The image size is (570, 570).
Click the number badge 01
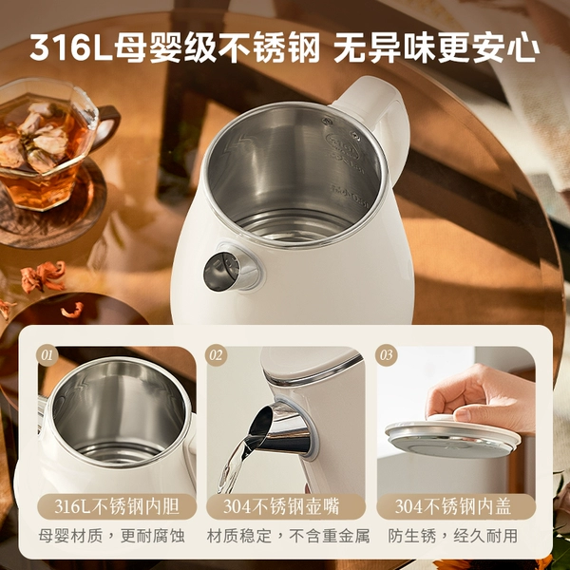pos(47,355)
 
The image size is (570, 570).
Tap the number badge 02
pos(216,355)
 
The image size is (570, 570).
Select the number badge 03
pos(386,355)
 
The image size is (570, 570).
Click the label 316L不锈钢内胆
pos(117,506)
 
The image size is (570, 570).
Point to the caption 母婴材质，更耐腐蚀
pos(112,536)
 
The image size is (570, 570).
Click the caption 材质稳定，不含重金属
pos(288,536)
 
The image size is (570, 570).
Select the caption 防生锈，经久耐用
pos(452,536)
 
